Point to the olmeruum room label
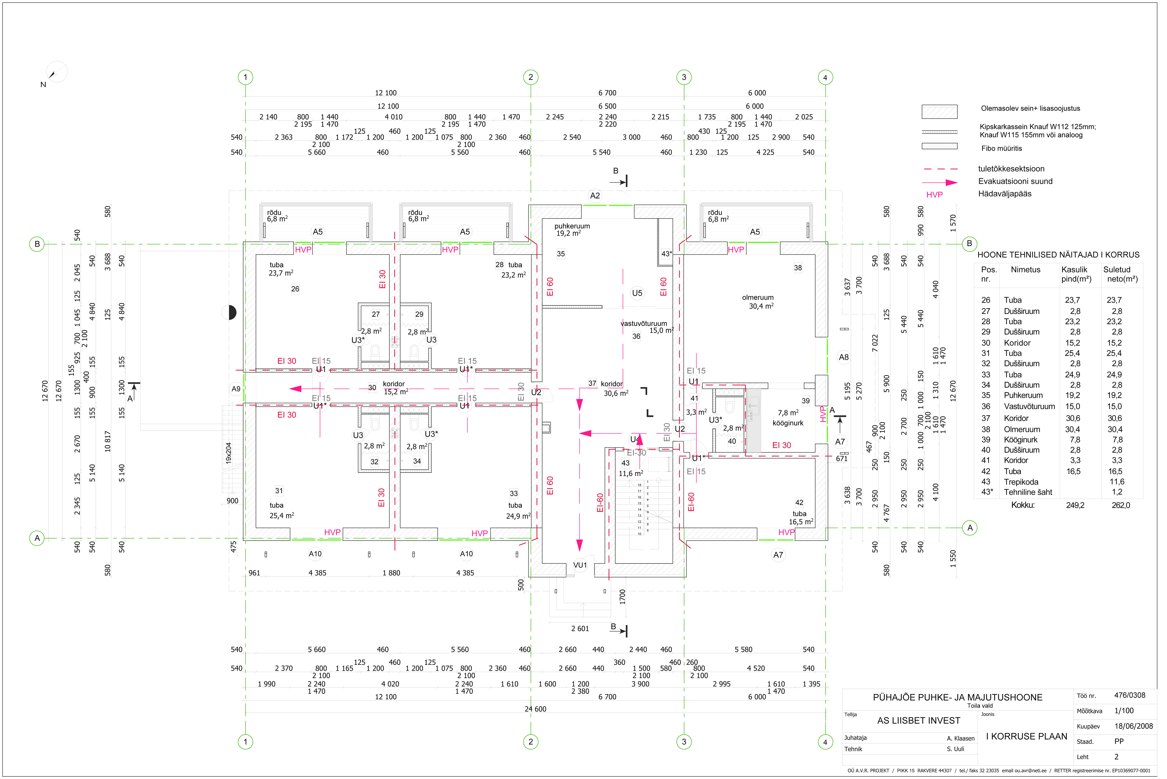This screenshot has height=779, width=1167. [x=758, y=298]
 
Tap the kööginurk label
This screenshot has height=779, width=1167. [x=788, y=423]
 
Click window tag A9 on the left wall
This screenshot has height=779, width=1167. [x=236, y=389]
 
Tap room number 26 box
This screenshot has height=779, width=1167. [x=295, y=289]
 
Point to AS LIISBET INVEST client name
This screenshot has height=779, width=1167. [x=919, y=720]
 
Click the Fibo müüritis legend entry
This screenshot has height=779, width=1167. [x=1002, y=148]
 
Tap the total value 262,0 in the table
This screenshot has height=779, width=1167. [x=1121, y=505]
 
